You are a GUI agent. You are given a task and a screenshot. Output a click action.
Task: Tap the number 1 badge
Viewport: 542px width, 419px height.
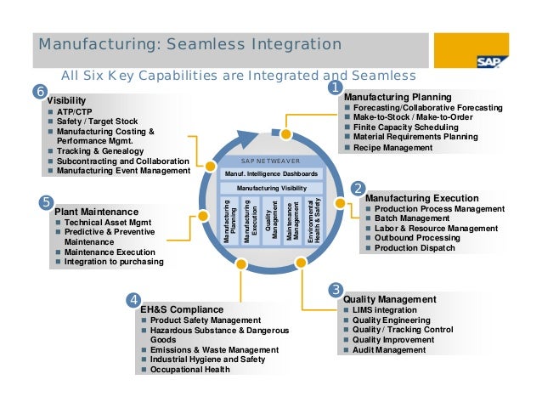(x=336, y=87)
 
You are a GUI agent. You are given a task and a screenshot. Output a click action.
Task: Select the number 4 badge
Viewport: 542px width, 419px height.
(x=133, y=299)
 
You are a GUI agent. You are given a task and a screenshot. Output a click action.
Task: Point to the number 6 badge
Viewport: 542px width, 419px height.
(x=39, y=92)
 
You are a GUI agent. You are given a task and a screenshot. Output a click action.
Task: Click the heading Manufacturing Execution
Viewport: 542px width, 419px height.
(x=411, y=197)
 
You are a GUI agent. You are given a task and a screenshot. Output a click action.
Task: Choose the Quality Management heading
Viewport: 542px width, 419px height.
(x=389, y=299)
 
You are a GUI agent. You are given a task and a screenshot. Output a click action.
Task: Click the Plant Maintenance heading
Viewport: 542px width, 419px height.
(x=95, y=211)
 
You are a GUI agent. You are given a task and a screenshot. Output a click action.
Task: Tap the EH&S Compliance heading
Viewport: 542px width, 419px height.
(x=181, y=309)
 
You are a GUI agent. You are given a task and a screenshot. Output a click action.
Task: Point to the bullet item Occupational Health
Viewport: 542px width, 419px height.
(x=189, y=370)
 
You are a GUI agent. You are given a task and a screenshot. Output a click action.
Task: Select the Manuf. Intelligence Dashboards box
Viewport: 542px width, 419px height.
(x=271, y=173)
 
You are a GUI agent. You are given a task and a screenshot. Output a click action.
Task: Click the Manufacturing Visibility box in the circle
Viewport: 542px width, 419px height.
(x=271, y=188)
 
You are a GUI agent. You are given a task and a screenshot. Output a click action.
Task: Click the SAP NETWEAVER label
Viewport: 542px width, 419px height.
(x=271, y=161)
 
